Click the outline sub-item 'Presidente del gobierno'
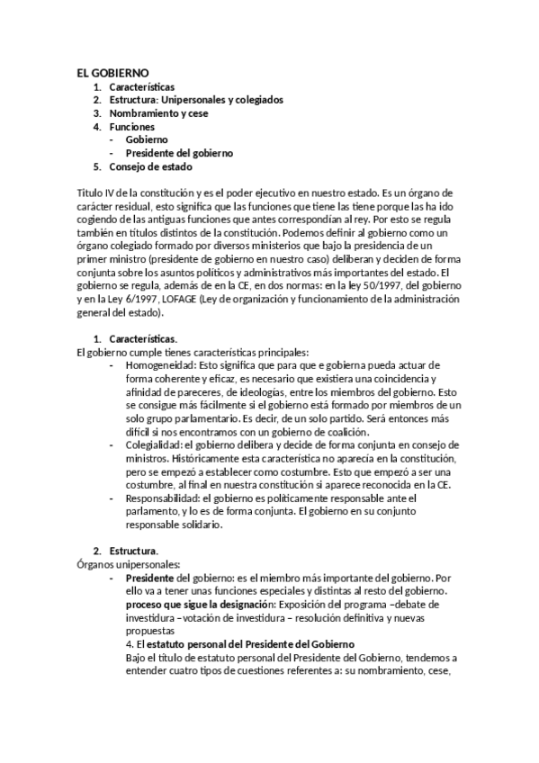(x=179, y=153)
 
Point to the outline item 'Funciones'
(x=132, y=127)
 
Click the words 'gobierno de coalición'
(x=315, y=432)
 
